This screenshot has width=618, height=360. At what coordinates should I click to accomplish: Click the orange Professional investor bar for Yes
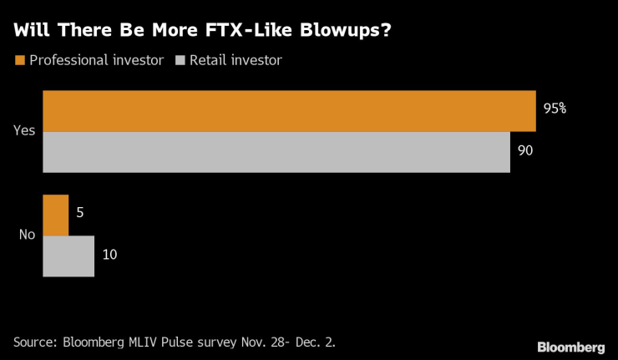[288, 111]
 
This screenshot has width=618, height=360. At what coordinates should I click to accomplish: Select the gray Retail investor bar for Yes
[276, 152]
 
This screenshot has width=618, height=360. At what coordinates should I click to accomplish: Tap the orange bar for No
[55, 215]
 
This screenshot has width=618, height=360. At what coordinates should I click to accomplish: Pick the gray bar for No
[68, 256]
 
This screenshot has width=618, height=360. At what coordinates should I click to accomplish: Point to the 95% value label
[555, 109]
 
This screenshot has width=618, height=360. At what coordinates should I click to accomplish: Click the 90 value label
[525, 151]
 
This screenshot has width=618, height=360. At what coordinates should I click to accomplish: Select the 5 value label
[79, 213]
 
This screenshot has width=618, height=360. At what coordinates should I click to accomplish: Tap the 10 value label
[109, 254]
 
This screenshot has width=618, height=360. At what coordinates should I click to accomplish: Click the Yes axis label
[24, 131]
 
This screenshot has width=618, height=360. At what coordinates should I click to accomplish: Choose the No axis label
[27, 235]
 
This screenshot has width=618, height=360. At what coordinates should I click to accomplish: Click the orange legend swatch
[18, 60]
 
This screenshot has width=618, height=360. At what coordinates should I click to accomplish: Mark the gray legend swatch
[180, 60]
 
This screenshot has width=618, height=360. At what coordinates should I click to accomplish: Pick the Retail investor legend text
[237, 60]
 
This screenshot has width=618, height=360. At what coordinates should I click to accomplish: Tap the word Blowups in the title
[337, 31]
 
